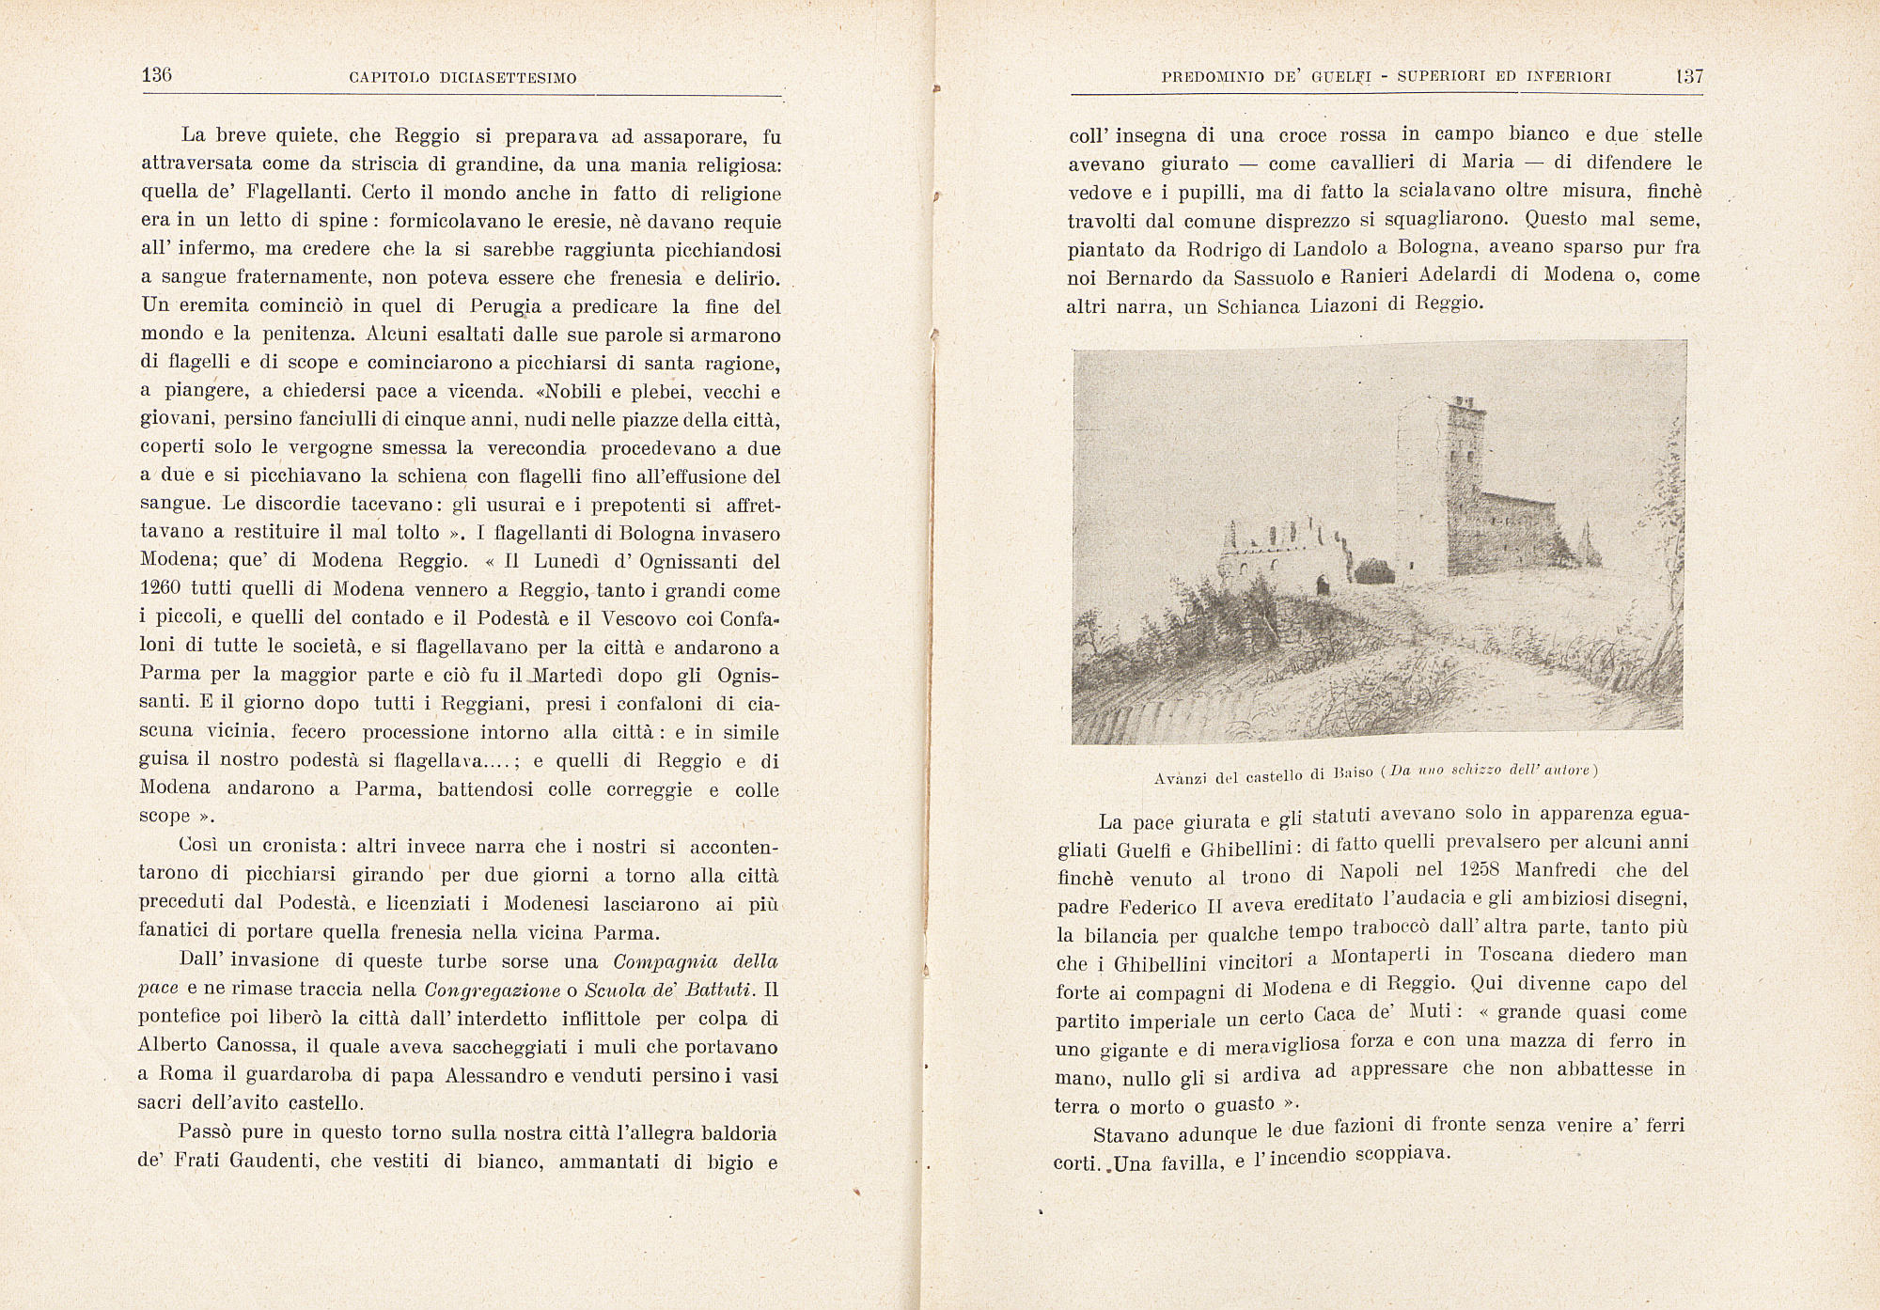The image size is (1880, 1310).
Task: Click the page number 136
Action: pyautogui.click(x=157, y=76)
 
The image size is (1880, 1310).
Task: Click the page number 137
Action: pyautogui.click(x=1689, y=77)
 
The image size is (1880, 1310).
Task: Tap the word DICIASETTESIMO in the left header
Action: pyautogui.click(x=508, y=78)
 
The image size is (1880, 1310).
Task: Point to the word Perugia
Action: pyautogui.click(x=506, y=308)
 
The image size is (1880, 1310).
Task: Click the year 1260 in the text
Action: pyautogui.click(x=166, y=590)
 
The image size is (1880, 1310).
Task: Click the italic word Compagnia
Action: pyautogui.click(x=666, y=961)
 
